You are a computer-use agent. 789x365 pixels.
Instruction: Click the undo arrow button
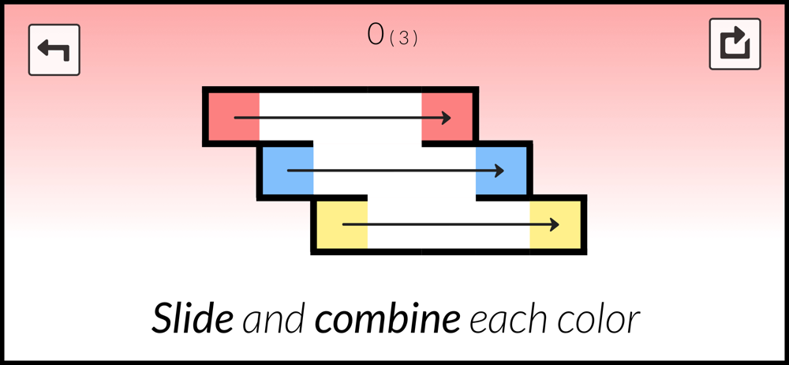click(x=54, y=50)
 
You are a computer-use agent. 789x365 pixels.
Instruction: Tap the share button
click(x=735, y=44)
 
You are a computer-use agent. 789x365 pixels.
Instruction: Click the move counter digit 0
click(x=376, y=34)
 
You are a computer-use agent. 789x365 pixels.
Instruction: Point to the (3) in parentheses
click(x=403, y=38)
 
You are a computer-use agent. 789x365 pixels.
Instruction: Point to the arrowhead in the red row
click(x=446, y=118)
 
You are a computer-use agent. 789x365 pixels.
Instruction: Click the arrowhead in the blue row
click(x=499, y=171)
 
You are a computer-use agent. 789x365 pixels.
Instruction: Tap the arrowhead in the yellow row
click(x=554, y=225)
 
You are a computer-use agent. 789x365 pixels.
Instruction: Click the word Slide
click(x=192, y=320)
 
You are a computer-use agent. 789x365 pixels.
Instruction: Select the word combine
click(x=387, y=320)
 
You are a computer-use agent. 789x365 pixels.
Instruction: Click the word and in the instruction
click(x=273, y=320)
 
